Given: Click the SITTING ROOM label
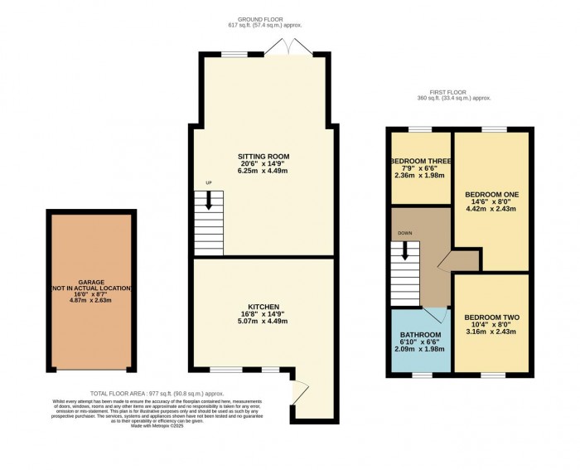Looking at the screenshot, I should pyautogui.click(x=263, y=156).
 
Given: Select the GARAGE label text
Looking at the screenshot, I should pyautogui.click(x=91, y=282).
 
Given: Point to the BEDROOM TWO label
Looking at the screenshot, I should pyautogui.click(x=490, y=317).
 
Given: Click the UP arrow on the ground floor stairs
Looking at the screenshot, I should pyautogui.click(x=209, y=199).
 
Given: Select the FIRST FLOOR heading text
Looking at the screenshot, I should pyautogui.click(x=454, y=91).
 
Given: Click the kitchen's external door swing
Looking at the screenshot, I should pyautogui.click(x=302, y=390).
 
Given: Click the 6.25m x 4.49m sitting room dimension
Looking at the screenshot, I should pyautogui.click(x=263, y=171).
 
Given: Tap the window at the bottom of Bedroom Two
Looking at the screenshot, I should pyautogui.click(x=491, y=375).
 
